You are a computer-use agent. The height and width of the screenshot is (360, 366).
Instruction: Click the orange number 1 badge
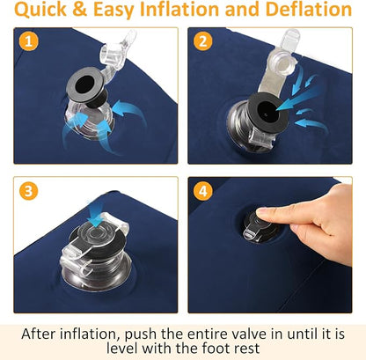pyautogui.click(x=28, y=41)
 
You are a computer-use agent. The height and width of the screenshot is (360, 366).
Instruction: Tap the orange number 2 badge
pyautogui.click(x=203, y=41)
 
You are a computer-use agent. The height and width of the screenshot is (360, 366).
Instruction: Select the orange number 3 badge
pyautogui.click(x=28, y=191)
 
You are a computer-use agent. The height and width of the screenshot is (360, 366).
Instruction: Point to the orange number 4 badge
pyautogui.click(x=203, y=191)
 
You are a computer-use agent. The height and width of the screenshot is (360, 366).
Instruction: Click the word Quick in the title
pyautogui.click(x=40, y=10)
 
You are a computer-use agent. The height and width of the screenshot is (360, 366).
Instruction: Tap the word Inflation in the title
pyautogui.click(x=180, y=9)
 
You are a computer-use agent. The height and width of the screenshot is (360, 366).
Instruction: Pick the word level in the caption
pyautogui.click(x=121, y=349)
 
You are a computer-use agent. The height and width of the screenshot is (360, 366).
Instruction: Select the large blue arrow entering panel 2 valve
pyautogui.click(x=296, y=99)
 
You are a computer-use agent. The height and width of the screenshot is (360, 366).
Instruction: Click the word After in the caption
pyautogui.click(x=38, y=334)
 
